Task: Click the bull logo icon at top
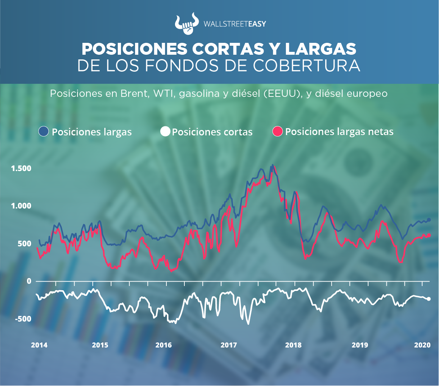pyautogui.click(x=186, y=24)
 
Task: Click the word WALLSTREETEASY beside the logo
pyautogui.click(x=235, y=24)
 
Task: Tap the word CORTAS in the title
pyautogui.click(x=226, y=49)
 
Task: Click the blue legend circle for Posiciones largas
pyautogui.click(x=44, y=131)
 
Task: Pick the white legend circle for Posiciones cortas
pyautogui.click(x=165, y=131)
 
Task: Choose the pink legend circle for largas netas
pyautogui.click(x=278, y=131)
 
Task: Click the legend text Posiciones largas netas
pyautogui.click(x=339, y=132)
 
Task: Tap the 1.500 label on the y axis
pyautogui.click(x=21, y=169)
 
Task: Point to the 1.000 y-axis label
pyautogui.click(x=21, y=206)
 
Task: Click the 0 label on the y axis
pyautogui.click(x=29, y=281)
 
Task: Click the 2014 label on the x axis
pyautogui.click(x=39, y=345)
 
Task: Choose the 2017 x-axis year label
pyautogui.click(x=229, y=345)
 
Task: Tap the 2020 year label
pyautogui.click(x=422, y=345)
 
